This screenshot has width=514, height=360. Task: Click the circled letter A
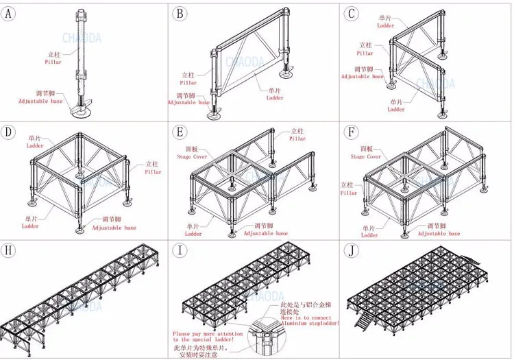pyautogui.click(x=9, y=14)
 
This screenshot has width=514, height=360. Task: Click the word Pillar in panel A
pyautogui.click(x=53, y=62)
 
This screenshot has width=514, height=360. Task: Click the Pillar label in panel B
pyautogui.click(x=188, y=83)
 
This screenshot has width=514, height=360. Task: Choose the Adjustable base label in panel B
pyautogui.click(x=188, y=103)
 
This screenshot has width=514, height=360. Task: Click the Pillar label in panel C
pyautogui.click(x=365, y=53)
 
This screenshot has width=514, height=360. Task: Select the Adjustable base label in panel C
pyautogui.click(x=363, y=76)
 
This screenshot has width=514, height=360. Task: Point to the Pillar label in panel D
pyautogui.click(x=153, y=172)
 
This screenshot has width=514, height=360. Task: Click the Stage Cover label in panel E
pyautogui.click(x=194, y=157)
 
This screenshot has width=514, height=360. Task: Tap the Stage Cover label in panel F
pyautogui.click(x=366, y=157)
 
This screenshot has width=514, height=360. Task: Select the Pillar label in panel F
pyautogui.click(x=350, y=193)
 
